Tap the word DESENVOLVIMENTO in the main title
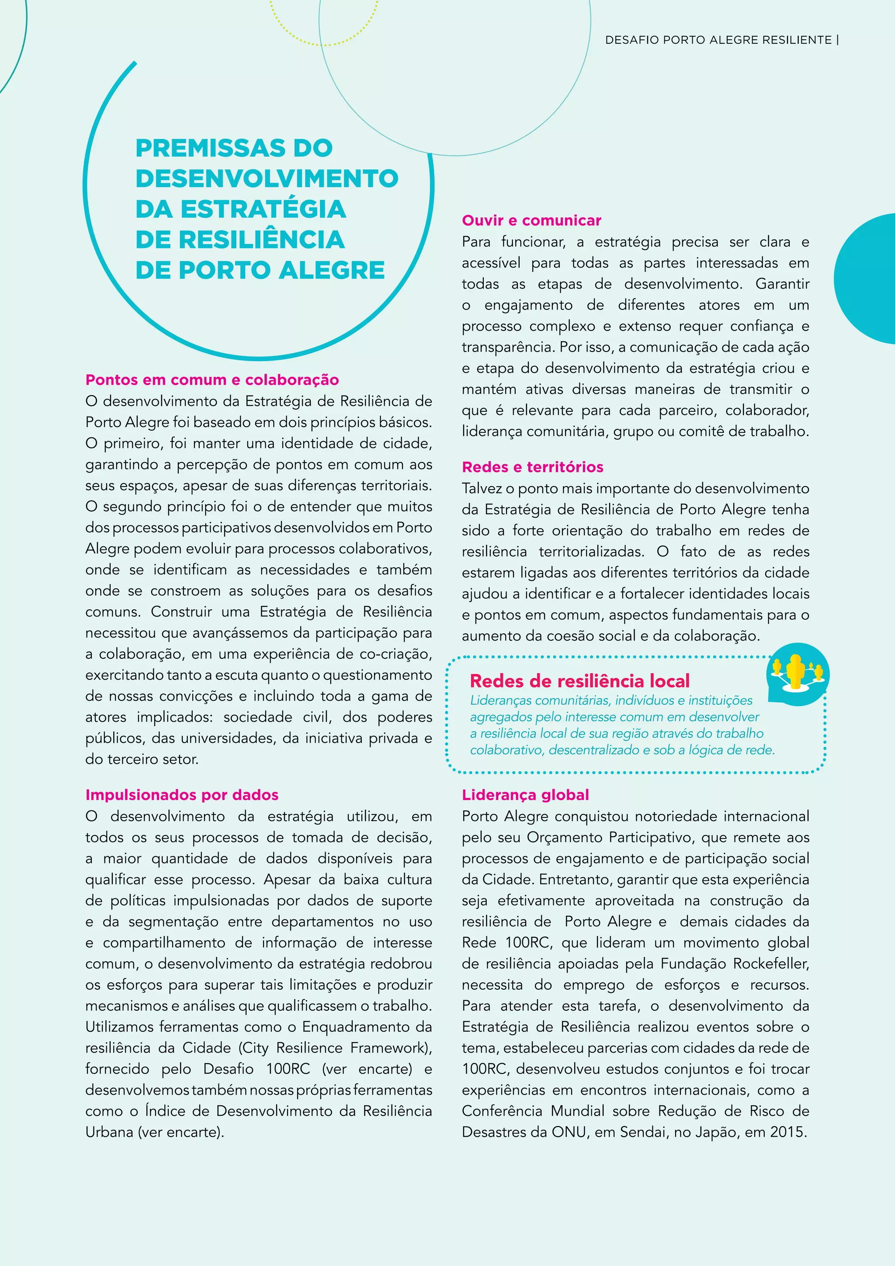[x=267, y=178]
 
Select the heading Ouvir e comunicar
[x=531, y=221]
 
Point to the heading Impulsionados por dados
[x=182, y=795]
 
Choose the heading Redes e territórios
[x=532, y=467]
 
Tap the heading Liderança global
[x=525, y=795]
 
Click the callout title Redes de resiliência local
[x=579, y=681]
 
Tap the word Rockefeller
[x=770, y=963]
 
